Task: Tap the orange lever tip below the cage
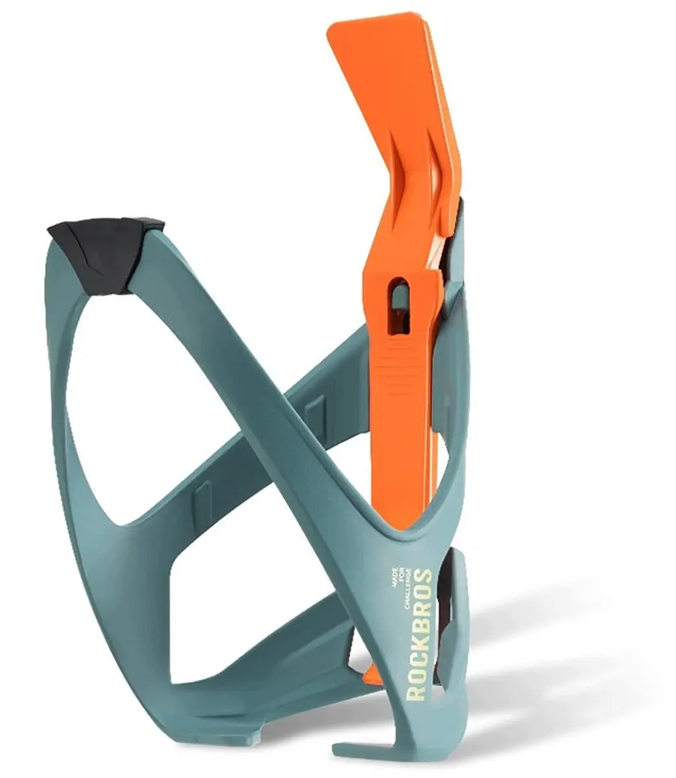(x=371, y=670)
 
